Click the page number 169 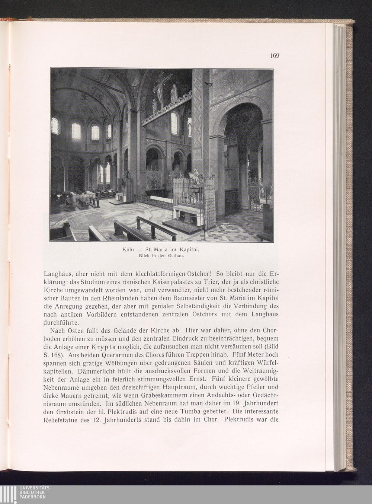coord(274,56)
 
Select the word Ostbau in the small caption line coord(177,256)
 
